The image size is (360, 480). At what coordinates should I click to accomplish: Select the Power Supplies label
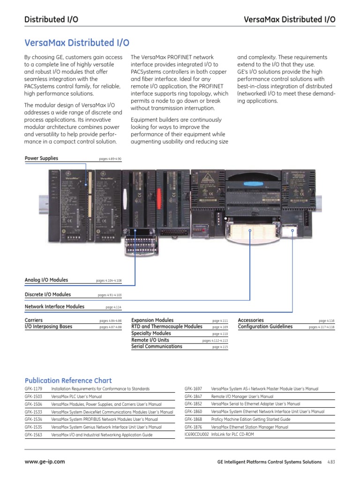[x=41, y=158]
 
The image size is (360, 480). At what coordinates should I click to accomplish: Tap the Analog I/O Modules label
[x=46, y=280]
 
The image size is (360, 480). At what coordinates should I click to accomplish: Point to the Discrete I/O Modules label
[x=48, y=294]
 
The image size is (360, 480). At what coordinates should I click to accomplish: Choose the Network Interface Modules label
[x=54, y=307]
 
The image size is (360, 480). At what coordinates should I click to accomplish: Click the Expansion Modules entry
[x=152, y=320]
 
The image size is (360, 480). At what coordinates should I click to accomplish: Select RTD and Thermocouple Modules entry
[x=167, y=326]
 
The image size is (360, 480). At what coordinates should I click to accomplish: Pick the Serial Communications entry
[x=157, y=346]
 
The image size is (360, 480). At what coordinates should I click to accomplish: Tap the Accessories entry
[x=251, y=320]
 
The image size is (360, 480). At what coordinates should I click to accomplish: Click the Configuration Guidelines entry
[x=265, y=326]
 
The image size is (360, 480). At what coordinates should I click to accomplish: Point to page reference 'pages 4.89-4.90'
[x=110, y=159]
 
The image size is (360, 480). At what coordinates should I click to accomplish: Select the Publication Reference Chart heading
[x=68, y=380]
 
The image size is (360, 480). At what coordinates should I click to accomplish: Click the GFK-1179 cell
[x=33, y=389]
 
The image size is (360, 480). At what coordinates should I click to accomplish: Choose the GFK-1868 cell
[x=193, y=419]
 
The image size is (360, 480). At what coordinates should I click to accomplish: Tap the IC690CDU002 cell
[x=196, y=435]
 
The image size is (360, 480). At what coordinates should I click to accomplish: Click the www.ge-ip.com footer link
[x=45, y=462]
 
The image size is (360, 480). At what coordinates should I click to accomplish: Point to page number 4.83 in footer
[x=331, y=462]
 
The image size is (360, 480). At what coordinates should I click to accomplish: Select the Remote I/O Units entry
[x=150, y=340]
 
